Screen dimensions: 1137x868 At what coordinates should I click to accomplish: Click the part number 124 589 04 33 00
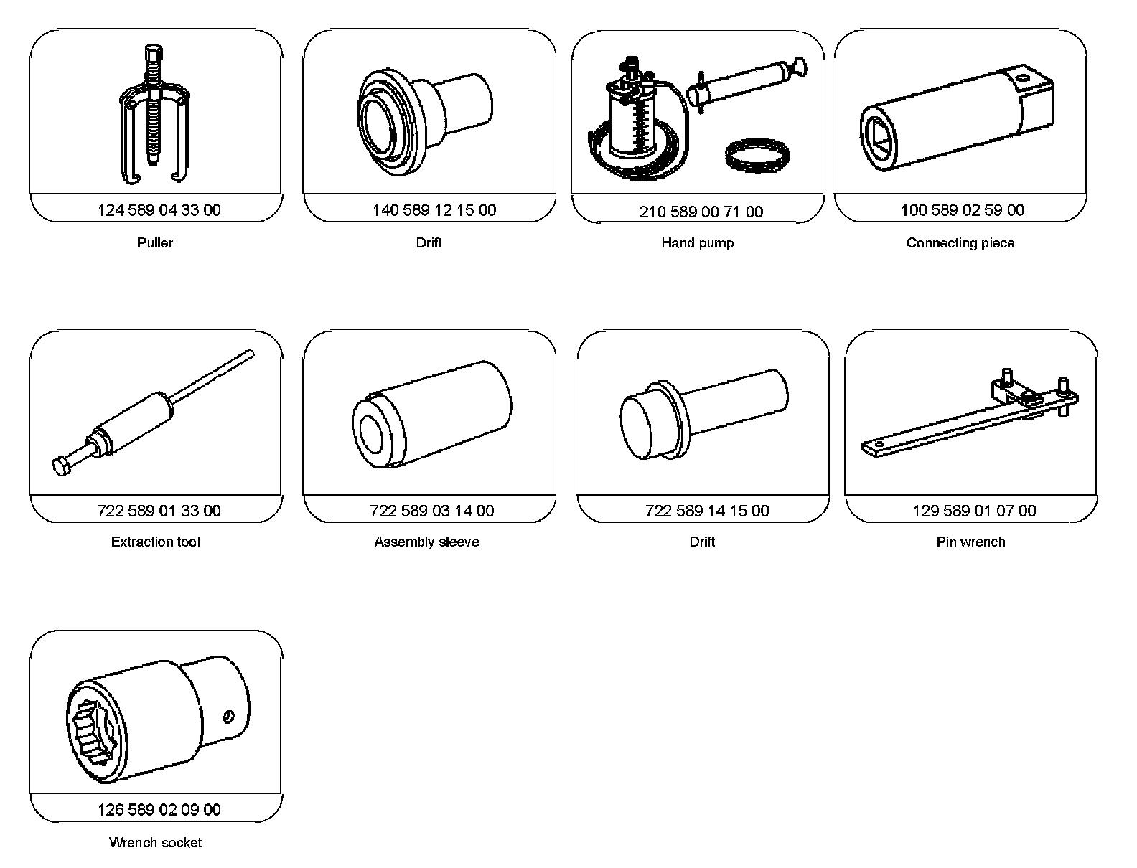click(x=159, y=210)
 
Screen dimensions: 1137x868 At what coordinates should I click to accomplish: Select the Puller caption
click(x=155, y=242)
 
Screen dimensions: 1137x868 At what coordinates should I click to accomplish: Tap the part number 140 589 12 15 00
click(x=434, y=210)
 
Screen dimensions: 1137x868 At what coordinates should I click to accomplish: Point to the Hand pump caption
click(x=697, y=243)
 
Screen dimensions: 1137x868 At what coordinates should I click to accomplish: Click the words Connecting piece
click(x=960, y=243)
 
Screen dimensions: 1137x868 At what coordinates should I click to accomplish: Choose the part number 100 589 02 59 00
click(x=963, y=210)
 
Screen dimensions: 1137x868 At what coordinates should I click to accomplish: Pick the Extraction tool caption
click(x=155, y=542)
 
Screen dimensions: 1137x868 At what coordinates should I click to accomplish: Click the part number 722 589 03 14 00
click(x=431, y=511)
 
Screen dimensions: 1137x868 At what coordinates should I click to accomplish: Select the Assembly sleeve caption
click(x=426, y=542)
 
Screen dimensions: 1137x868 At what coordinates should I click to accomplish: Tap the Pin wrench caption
click(x=970, y=542)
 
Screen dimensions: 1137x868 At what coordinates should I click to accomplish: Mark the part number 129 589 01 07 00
click(x=974, y=511)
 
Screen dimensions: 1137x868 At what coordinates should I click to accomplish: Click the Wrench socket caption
click(x=155, y=843)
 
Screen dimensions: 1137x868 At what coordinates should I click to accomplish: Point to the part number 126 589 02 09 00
click(x=159, y=809)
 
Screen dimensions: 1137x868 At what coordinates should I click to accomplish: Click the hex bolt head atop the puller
click(x=154, y=53)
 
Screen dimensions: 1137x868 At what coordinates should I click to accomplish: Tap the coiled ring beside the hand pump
click(x=757, y=155)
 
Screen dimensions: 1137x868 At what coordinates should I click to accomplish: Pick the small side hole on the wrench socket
click(x=228, y=717)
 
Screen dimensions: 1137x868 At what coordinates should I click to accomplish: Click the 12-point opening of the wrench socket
click(x=94, y=732)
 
